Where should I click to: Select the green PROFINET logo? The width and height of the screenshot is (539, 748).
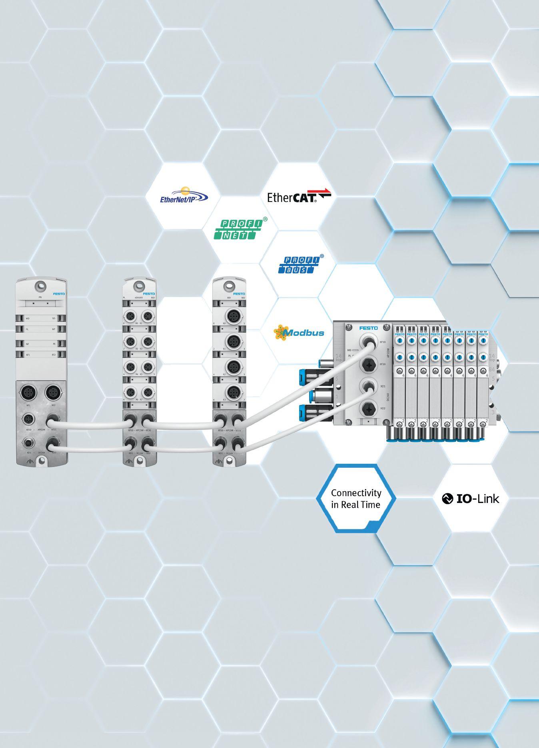[x=239, y=229]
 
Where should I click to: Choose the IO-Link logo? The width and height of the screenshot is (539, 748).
[x=470, y=499]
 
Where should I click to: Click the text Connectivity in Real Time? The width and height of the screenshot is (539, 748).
[x=356, y=499]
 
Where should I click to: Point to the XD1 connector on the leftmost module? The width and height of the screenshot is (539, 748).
[x=28, y=443]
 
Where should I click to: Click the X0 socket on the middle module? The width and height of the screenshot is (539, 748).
[x=130, y=315]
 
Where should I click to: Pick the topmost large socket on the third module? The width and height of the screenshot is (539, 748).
[x=233, y=314]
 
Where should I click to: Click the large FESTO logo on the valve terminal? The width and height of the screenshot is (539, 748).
[x=368, y=328]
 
